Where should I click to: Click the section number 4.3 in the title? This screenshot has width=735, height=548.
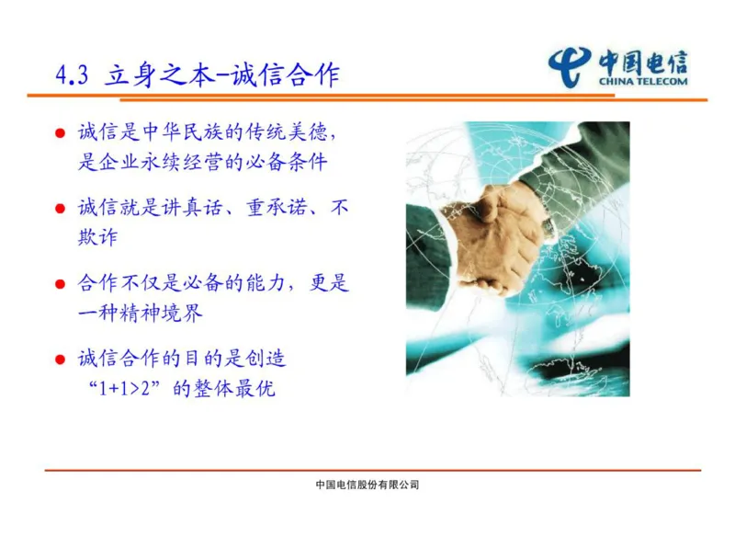[71, 74]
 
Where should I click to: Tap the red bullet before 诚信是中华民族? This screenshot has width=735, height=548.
[61, 133]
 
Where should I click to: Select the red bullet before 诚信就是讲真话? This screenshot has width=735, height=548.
[61, 210]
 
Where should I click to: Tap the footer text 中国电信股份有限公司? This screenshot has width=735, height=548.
[367, 485]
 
